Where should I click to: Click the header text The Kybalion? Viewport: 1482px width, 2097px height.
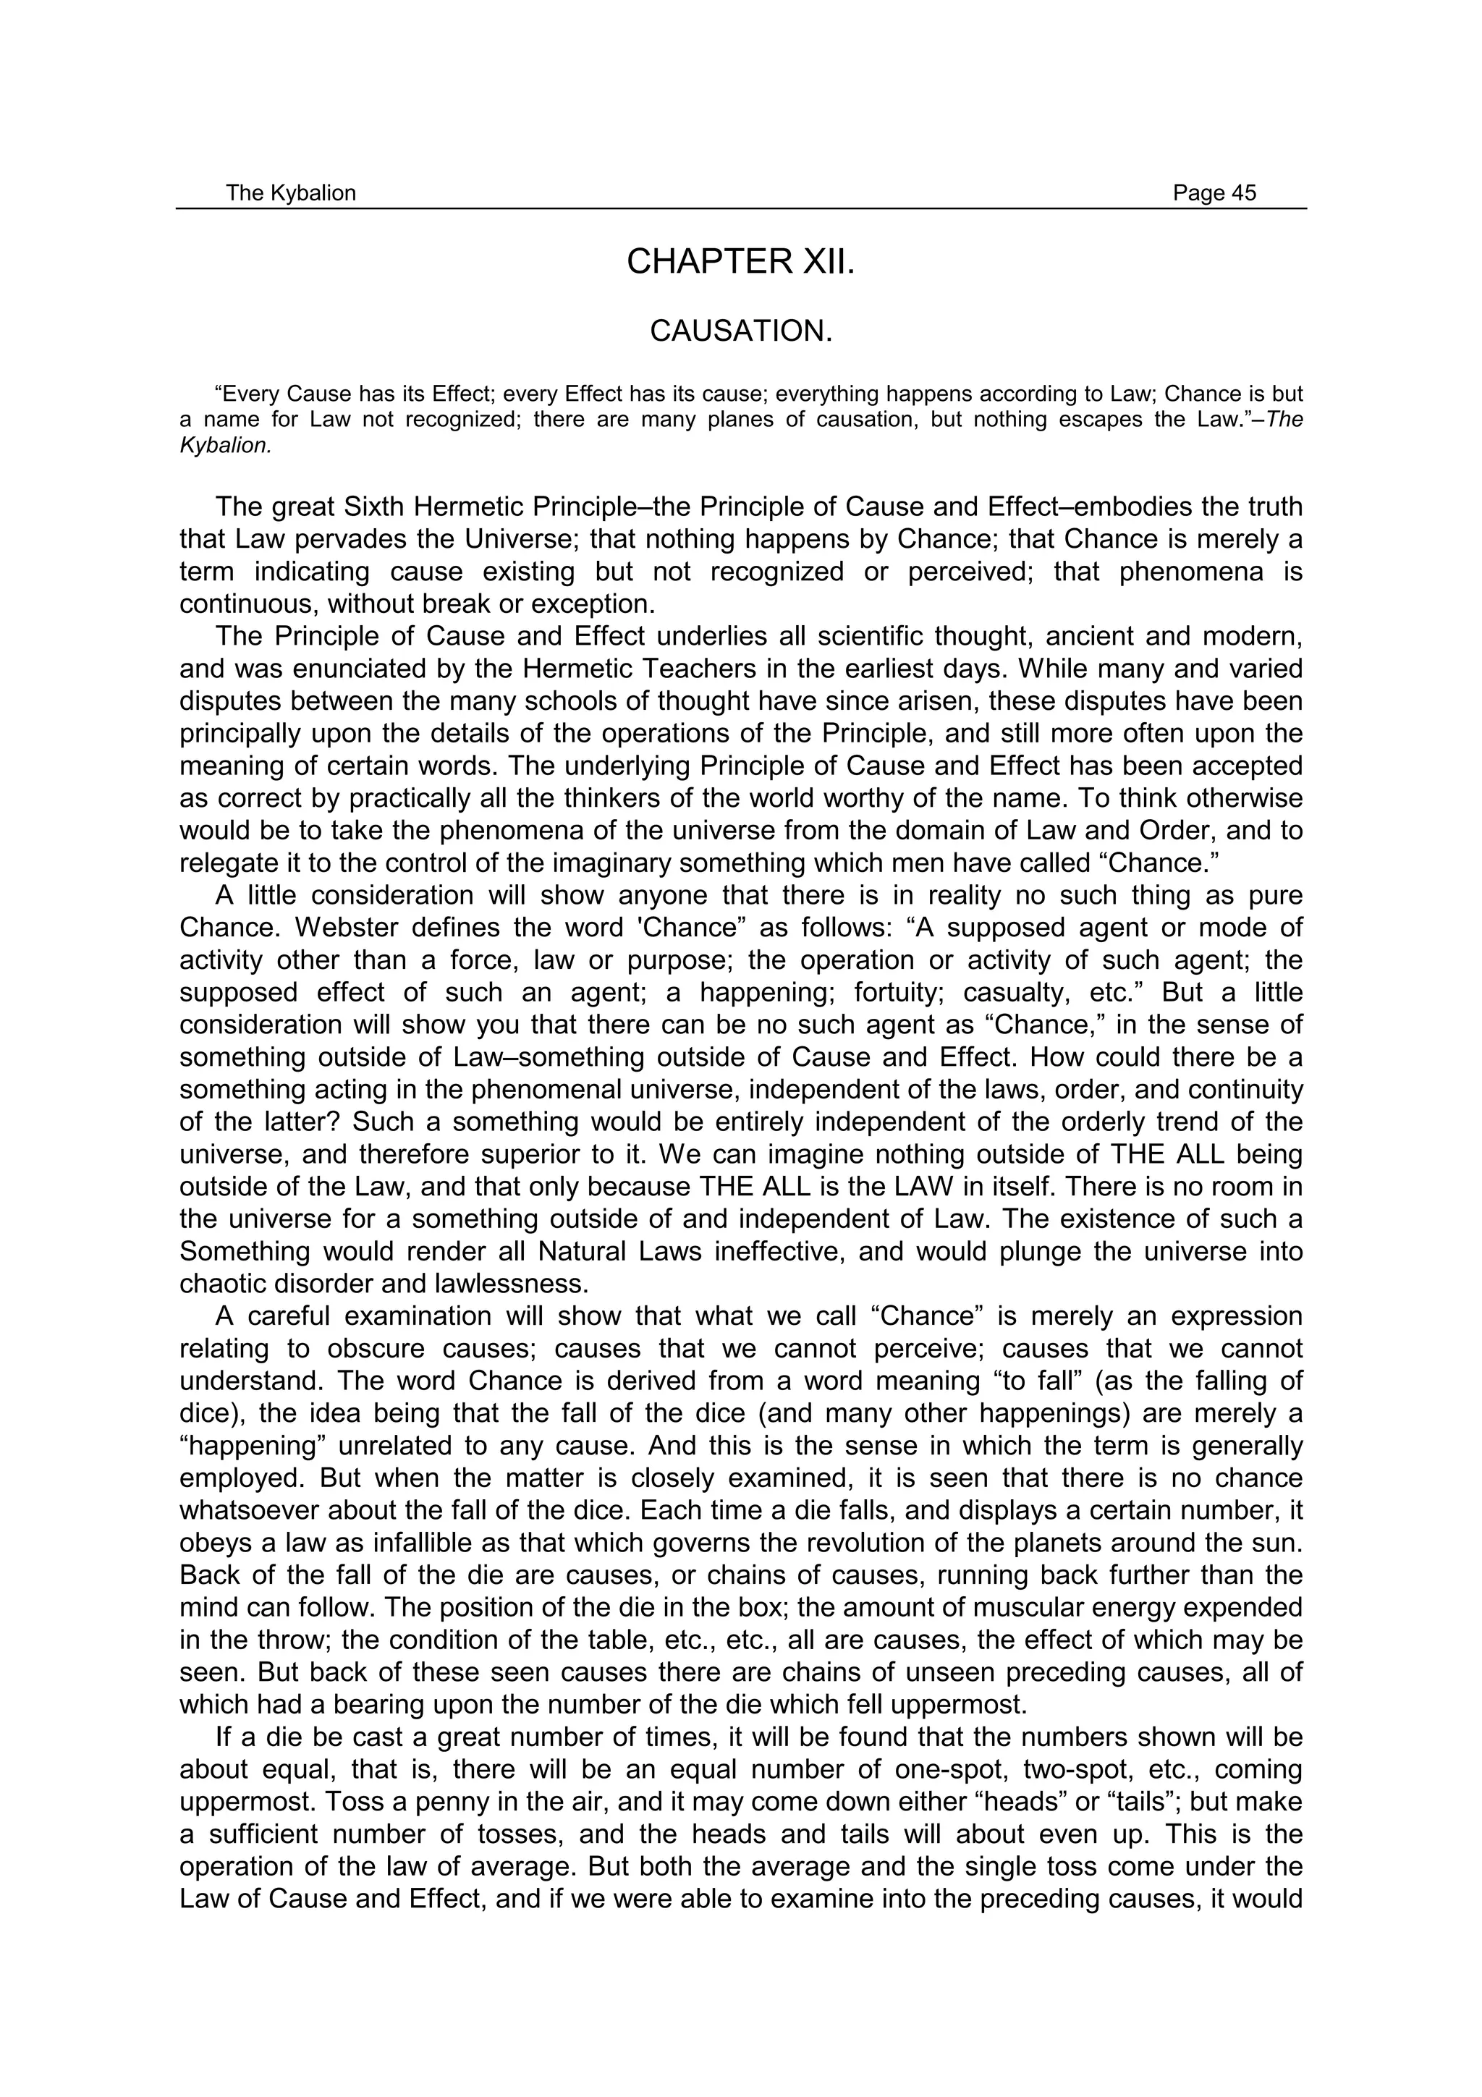[x=290, y=192]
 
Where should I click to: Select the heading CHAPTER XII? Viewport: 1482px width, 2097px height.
[x=740, y=262]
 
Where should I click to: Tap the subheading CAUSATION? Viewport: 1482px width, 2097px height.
[x=740, y=331]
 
